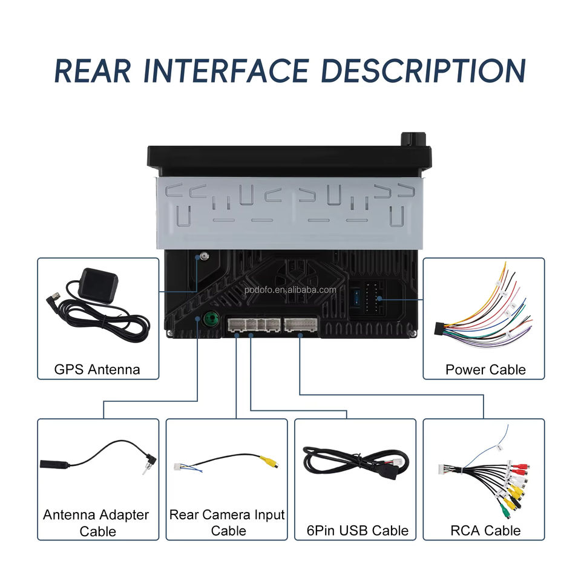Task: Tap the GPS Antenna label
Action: pyautogui.click(x=97, y=369)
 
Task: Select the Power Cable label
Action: pyautogui.click(x=485, y=369)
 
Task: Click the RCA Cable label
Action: pyautogui.click(x=485, y=531)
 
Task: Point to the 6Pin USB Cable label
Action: pyautogui.click(x=357, y=531)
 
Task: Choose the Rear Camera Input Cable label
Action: pyautogui.click(x=227, y=522)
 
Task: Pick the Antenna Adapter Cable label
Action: pyautogui.click(x=96, y=523)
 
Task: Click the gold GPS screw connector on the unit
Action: pyautogui.click(x=204, y=257)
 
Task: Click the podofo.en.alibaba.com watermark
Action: pyautogui.click(x=290, y=289)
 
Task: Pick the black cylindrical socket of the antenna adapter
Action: pyautogui.click(x=53, y=465)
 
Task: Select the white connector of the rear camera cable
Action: pyautogui.click(x=179, y=467)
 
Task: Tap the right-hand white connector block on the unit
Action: pyautogui.click(x=301, y=325)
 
